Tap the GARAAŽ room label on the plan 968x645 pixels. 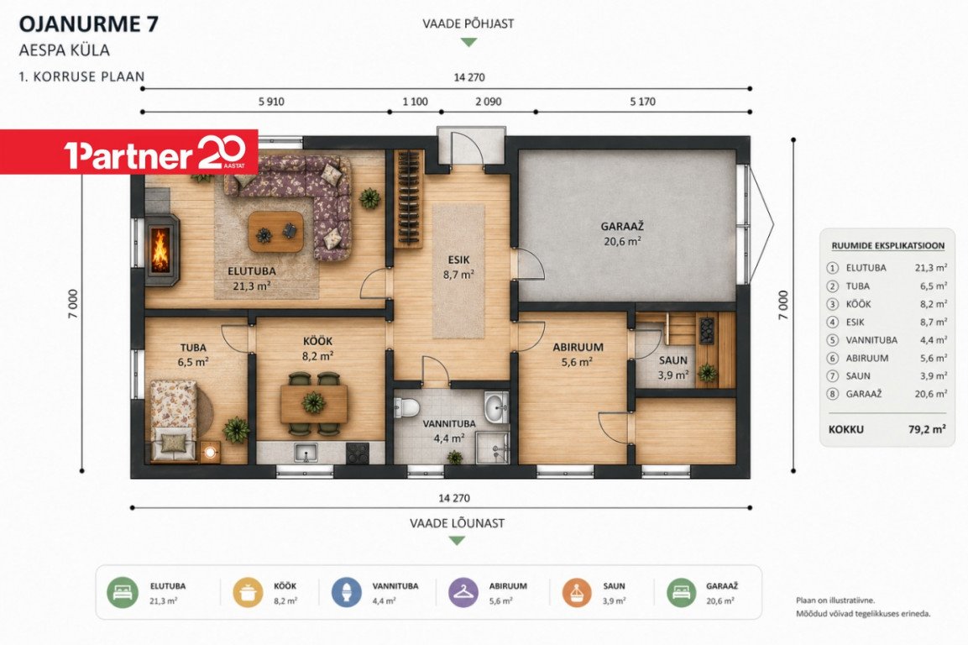point(622,227)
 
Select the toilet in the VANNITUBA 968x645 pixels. point(407,406)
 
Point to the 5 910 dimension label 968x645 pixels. point(271,102)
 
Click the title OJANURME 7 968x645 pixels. point(89,24)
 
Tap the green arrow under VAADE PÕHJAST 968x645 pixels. point(469,43)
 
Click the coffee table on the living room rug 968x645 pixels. point(276,233)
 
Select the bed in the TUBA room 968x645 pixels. point(174,420)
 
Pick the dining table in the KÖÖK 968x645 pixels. point(314,403)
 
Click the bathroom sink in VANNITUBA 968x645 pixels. point(496,407)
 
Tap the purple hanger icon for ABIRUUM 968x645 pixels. point(463,593)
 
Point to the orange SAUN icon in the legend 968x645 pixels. point(577,593)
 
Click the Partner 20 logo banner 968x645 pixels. point(129,152)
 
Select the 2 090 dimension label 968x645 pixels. point(489,102)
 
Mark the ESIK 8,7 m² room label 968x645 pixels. point(458,268)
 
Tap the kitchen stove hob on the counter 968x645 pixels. point(358,454)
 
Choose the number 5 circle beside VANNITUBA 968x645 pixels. point(833,340)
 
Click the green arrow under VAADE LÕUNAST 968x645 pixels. point(457,541)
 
